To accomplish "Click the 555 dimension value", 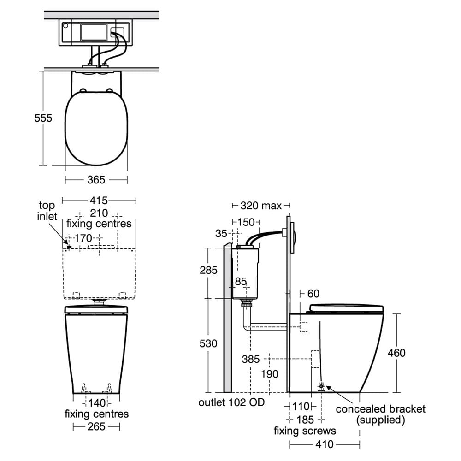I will [x=43, y=118].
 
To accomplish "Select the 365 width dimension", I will [x=96, y=179].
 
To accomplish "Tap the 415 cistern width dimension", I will [x=99, y=201].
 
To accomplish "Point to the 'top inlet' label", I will [x=47, y=211].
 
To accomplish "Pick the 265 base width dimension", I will [x=96, y=426].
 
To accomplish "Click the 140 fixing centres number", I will [x=96, y=402].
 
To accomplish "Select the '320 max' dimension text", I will [x=261, y=206].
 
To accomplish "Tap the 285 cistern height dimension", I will [x=208, y=270].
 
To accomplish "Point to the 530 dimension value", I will [x=208, y=344].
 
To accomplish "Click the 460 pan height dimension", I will [x=396, y=353].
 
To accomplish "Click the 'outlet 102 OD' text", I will [x=231, y=402].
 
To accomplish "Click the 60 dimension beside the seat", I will [x=313, y=294].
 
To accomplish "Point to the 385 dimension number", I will [x=250, y=359].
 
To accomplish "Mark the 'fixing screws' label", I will [x=305, y=431].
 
